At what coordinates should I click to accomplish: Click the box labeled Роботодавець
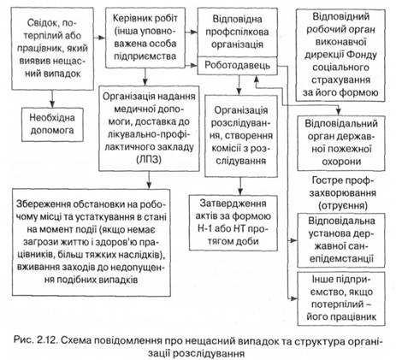click(x=238, y=66)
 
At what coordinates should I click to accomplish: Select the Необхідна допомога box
click(x=52, y=124)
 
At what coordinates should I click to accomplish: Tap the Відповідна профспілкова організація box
click(x=238, y=32)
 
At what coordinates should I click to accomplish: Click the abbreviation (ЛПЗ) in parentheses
click(x=149, y=160)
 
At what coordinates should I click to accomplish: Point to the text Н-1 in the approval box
click(x=204, y=228)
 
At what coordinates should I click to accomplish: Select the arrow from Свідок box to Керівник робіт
click(x=99, y=38)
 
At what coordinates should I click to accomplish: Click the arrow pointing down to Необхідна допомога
click(x=52, y=99)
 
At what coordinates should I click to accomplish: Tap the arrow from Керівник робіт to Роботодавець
click(x=192, y=66)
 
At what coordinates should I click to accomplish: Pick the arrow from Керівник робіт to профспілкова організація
click(x=192, y=32)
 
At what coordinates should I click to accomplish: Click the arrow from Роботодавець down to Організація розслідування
click(x=239, y=85)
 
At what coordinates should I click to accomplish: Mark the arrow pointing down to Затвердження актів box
click(x=241, y=186)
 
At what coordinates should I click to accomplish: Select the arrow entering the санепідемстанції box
click(x=293, y=241)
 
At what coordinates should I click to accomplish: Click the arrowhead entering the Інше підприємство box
click(x=294, y=298)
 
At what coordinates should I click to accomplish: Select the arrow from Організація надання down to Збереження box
click(x=149, y=180)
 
